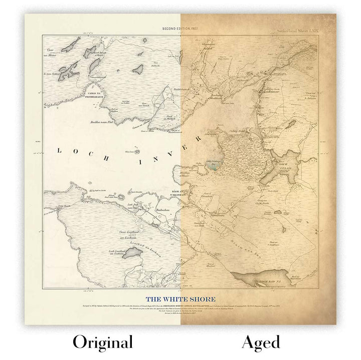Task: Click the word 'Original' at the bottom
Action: point(103,342)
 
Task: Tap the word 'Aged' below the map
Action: point(260,342)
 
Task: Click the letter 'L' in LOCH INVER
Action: point(60,150)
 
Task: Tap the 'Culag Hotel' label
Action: point(237,131)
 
